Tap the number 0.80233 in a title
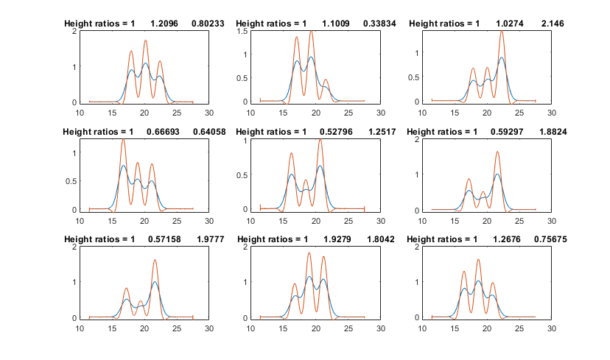coord(207,24)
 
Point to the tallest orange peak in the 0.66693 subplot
coord(123,139)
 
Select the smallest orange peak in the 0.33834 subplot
coord(326,80)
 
